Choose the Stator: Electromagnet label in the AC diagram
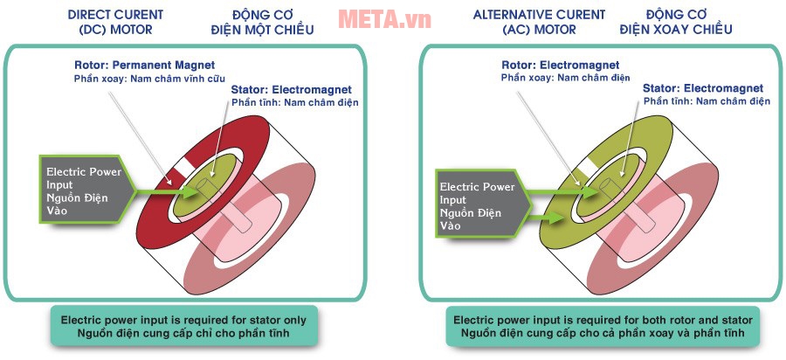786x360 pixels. tap(702, 89)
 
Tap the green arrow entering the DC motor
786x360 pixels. tap(166, 189)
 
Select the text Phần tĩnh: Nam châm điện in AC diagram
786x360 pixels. tap(707, 102)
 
